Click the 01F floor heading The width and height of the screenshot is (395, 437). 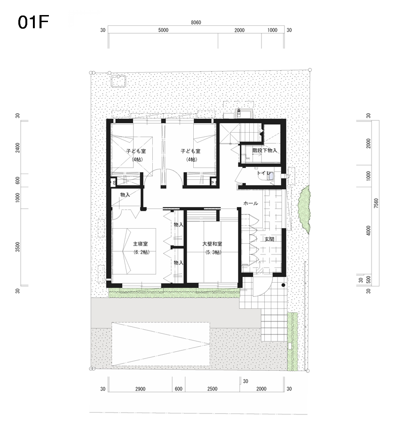click(33, 22)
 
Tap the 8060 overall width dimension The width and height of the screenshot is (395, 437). click(196, 23)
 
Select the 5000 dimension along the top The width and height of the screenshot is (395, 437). click(163, 30)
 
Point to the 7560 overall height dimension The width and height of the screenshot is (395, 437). click(376, 203)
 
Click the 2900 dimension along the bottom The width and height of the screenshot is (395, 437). click(140, 389)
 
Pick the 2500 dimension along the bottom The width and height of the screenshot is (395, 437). click(212, 389)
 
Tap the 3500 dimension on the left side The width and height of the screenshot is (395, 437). click(18, 247)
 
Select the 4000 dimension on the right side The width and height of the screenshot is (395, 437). click(369, 231)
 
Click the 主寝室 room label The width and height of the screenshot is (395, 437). click(141, 244)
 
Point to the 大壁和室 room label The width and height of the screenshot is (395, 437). click(212, 244)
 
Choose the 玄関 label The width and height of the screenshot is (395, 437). click(269, 239)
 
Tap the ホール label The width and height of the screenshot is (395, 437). click(251, 203)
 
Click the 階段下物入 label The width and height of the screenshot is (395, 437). click(265, 151)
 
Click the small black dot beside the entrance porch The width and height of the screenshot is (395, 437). click(283, 285)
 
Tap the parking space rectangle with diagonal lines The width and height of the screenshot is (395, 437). click(161, 344)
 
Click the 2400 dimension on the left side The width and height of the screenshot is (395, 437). click(18, 147)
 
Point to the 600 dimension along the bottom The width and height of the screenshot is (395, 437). click(178, 389)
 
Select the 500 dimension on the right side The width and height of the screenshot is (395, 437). click(369, 279)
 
